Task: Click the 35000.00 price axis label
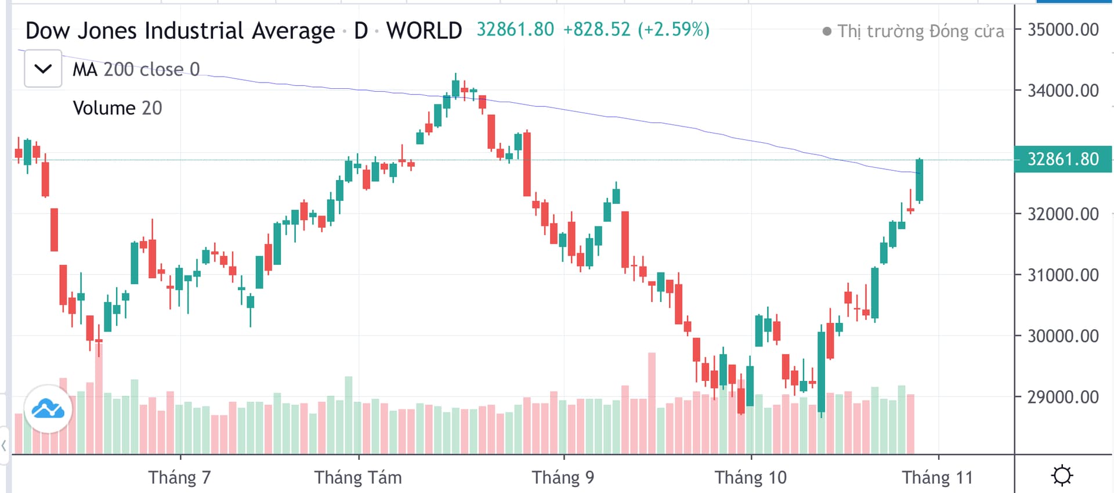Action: coord(1062,30)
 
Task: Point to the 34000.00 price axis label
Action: coord(1062,91)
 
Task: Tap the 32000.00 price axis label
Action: coord(1062,214)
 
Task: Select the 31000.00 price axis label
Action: coord(1062,275)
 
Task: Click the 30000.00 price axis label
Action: coord(1062,336)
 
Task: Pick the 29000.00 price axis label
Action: coord(1062,397)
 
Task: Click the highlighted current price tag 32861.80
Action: coord(1062,159)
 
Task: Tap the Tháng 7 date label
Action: coord(179,477)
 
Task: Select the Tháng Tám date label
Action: coord(358,477)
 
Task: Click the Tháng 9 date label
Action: coord(563,477)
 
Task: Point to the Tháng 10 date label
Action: coord(750,477)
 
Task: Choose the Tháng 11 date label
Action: coord(937,477)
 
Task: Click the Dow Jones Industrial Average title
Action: coord(180,31)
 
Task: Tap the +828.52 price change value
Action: coord(596,30)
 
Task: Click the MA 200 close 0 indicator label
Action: coord(136,70)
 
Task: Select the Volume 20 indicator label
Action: coord(117,108)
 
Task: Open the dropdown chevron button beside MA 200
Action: coord(43,69)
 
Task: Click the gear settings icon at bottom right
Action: coord(1062,475)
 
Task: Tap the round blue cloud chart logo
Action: coord(48,409)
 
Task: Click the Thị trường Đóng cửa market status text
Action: coord(920,31)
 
